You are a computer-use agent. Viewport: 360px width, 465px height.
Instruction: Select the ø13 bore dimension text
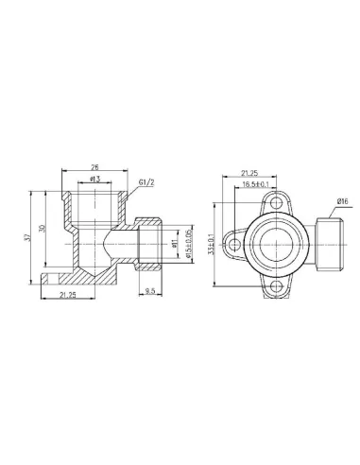tap(94, 180)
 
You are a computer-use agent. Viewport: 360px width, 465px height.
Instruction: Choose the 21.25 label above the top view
tap(252, 174)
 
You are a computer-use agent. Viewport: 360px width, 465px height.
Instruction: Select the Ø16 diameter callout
tap(342, 201)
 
